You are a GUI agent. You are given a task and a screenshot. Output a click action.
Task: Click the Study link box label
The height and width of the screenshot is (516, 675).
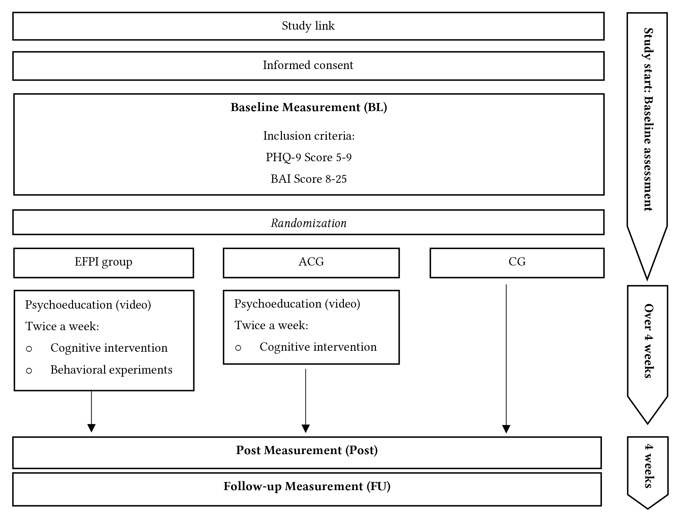coord(308,26)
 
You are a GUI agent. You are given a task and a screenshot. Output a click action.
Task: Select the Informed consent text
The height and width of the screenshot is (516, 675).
coord(308,65)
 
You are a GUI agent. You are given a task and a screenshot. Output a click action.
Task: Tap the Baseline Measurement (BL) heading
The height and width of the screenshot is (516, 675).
coord(309,107)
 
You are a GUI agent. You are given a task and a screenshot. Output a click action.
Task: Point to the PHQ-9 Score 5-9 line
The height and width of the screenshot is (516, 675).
coord(309,157)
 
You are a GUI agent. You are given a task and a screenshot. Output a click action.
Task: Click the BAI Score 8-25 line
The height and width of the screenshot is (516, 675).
coord(309,179)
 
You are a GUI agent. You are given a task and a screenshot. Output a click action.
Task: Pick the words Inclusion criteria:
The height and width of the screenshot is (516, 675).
coord(309,136)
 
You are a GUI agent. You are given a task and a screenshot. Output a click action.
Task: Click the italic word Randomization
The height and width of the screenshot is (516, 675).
coord(309,223)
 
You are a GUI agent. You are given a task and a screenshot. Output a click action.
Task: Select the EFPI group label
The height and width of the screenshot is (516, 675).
coord(103,262)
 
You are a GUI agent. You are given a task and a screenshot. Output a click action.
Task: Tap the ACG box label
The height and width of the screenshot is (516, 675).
coord(311,262)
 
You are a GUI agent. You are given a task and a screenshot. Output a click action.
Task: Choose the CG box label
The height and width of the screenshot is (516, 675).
coord(517,262)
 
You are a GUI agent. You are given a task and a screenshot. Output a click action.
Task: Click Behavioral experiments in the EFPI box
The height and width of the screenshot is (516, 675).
coord(111,370)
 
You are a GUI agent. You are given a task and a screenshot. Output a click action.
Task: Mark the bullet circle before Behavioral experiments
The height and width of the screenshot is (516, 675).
coord(29,371)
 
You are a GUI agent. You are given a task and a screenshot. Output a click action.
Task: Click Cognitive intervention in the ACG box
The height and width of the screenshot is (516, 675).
coord(318,347)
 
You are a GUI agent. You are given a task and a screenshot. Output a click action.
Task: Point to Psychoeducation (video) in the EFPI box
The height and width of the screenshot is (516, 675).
coord(88,305)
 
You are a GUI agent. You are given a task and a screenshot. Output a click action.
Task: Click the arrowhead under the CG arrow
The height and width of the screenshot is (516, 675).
coord(506,429)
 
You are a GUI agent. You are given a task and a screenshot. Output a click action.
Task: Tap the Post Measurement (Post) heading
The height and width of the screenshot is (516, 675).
coord(307,450)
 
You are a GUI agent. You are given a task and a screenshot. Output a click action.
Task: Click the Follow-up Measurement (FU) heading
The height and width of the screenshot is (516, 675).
coord(307,487)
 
